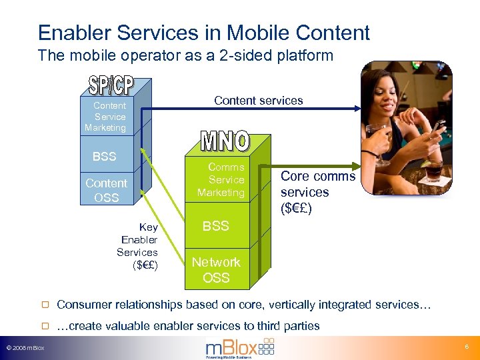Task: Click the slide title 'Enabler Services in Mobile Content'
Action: pyautogui.click(x=203, y=32)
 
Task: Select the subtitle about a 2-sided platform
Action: pyautogui.click(x=185, y=56)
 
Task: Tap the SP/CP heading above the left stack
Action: pyautogui.click(x=111, y=85)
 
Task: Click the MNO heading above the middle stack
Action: pyautogui.click(x=225, y=141)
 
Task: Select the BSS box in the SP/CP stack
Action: pyautogui.click(x=104, y=157)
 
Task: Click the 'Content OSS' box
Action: pyautogui.click(x=106, y=190)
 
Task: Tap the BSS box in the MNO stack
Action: pyautogui.click(x=215, y=226)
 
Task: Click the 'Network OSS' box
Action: pyautogui.click(x=216, y=269)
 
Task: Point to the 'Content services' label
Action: pyautogui.click(x=258, y=101)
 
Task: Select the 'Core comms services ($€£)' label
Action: pyautogui.click(x=317, y=191)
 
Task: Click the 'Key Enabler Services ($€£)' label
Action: pyautogui.click(x=138, y=246)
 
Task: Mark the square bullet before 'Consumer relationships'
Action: pyautogui.click(x=45, y=305)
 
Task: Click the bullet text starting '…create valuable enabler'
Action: pyautogui.click(x=188, y=326)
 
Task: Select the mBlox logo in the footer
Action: pyautogui.click(x=239, y=347)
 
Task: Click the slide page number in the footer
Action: pyautogui.click(x=465, y=348)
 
